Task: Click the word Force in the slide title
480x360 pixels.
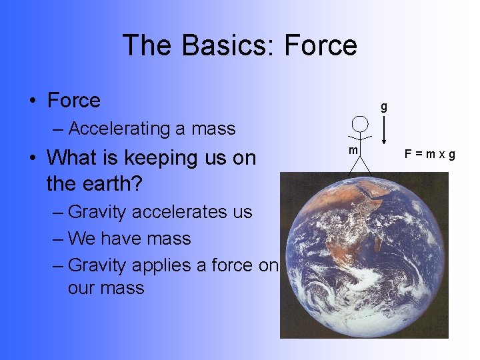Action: point(321,45)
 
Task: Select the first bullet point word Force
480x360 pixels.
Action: point(73,101)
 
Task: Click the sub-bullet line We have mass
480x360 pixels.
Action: point(129,239)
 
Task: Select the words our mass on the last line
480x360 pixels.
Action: point(105,288)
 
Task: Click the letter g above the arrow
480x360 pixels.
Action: point(383,106)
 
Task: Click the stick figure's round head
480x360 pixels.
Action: point(360,123)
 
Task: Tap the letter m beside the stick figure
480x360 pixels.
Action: point(354,151)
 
